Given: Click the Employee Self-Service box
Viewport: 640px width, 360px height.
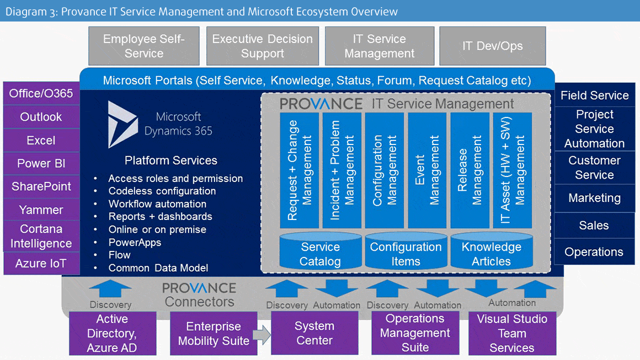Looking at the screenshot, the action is click(144, 46).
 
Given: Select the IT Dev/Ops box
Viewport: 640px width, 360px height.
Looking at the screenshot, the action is click(493, 46).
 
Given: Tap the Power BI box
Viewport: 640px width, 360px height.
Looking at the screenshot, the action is click(41, 164).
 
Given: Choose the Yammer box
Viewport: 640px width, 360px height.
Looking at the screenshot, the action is click(41, 209).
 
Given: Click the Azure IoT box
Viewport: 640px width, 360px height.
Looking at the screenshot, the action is click(41, 264).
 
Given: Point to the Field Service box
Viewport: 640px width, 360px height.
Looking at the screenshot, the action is click(595, 95).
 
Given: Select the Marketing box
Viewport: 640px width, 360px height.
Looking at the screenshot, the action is click(595, 198).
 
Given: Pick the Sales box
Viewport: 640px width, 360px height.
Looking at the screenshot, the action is click(595, 225).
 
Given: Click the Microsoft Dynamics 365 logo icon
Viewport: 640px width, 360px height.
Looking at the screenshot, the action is click(121, 125).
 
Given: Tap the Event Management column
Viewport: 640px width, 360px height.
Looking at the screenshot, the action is click(427, 170).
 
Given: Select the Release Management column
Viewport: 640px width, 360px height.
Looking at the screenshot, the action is click(470, 170).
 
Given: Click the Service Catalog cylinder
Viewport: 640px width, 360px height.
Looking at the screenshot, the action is click(321, 251).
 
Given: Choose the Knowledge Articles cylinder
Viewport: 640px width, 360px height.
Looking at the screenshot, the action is click(492, 251).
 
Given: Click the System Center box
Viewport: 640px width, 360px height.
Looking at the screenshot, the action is click(314, 333).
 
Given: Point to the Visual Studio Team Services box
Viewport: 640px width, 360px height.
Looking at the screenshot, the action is click(512, 333).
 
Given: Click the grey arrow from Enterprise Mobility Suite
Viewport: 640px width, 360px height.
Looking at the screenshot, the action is click(262, 335).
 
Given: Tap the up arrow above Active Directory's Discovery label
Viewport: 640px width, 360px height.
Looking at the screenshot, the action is click(110, 289).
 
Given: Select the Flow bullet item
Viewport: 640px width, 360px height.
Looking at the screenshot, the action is click(119, 255).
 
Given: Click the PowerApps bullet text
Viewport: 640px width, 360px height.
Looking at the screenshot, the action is click(135, 243).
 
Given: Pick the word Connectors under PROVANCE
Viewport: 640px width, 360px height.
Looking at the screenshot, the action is click(200, 302).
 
